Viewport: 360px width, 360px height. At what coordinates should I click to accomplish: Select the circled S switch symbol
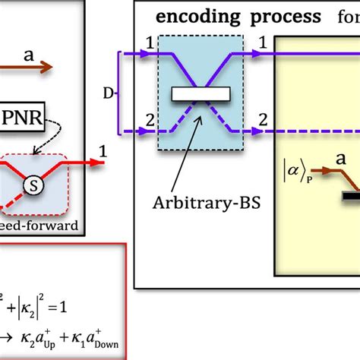pos(32,184)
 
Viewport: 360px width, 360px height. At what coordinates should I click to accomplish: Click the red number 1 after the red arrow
pos(101,151)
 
